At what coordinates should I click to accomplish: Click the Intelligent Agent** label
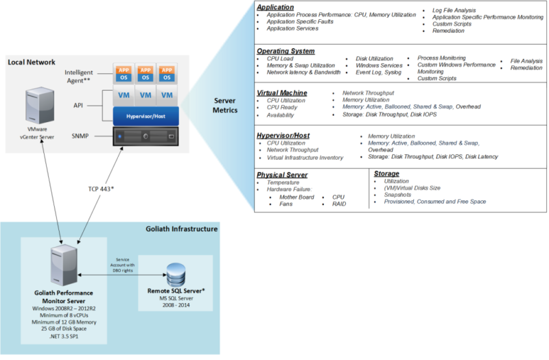click(83, 75)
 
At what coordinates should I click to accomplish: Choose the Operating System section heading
click(285, 51)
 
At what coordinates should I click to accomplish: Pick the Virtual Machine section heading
click(281, 93)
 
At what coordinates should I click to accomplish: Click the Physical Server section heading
click(283, 174)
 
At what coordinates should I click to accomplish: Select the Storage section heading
click(386, 173)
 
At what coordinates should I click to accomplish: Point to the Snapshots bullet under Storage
click(398, 194)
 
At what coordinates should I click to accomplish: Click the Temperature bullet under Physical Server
click(283, 182)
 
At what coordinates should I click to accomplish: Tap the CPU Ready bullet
click(282, 108)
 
